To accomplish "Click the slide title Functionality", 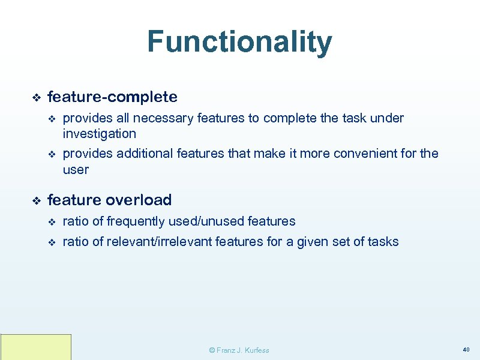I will (x=239, y=42).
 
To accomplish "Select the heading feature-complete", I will (x=112, y=97).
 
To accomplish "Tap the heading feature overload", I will (x=109, y=200).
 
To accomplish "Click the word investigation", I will (x=100, y=134).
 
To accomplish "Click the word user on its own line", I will (x=76, y=170).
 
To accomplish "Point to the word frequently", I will (x=135, y=221).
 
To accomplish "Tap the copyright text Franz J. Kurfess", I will (x=239, y=350).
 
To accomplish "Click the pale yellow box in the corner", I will (x=36, y=347).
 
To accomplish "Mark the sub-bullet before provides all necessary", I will (x=51, y=119).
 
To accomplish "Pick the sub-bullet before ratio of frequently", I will (x=51, y=222).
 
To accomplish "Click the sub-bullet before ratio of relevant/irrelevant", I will (x=51, y=242).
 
